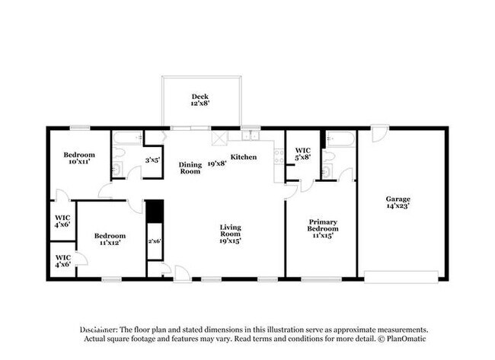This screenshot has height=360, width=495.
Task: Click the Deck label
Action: coord(200,100)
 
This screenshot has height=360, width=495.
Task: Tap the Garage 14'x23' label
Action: coord(398,202)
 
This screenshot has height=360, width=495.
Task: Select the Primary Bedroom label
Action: coord(323,229)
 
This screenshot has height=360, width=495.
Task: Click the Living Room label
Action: coord(231,234)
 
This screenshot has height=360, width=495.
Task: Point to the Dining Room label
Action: coord(190,168)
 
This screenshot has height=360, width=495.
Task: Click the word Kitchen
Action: coord(244,157)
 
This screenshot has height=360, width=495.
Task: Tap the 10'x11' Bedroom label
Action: coord(79,158)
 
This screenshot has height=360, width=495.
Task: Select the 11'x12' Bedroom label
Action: coord(110,239)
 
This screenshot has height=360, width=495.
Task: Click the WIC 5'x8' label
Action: coord(303,154)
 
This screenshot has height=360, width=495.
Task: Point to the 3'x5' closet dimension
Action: coord(153,161)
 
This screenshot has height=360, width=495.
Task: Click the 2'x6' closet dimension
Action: coord(155,241)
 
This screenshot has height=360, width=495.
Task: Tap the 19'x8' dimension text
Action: coord(217,164)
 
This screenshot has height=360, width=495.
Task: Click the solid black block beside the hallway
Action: coord(155,211)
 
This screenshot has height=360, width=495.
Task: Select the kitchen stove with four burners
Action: coord(279,157)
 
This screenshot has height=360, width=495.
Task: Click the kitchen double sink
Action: coord(251,136)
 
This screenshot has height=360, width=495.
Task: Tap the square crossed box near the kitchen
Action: coord(220,138)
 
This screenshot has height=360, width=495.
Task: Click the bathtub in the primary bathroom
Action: coord(341,139)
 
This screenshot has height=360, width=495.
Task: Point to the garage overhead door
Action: coord(401,277)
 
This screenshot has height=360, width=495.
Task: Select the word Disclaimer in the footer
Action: coord(99,330)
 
